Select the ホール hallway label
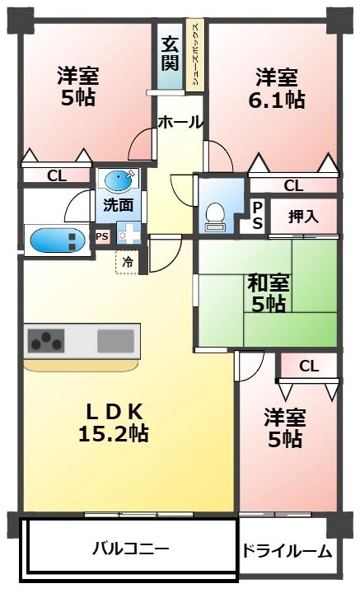(180, 122)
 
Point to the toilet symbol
(215, 217)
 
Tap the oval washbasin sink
(119, 180)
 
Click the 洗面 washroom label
(119, 205)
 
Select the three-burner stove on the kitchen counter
(46, 341)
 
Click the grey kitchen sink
(115, 341)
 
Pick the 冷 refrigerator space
(128, 262)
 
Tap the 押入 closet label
(303, 217)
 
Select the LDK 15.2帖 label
(114, 423)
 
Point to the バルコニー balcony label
(131, 548)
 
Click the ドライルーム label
(287, 552)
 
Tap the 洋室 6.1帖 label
(277, 88)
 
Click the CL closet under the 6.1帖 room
(293, 185)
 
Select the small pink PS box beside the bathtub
(102, 236)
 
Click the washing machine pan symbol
(129, 232)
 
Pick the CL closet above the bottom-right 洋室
(309, 366)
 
